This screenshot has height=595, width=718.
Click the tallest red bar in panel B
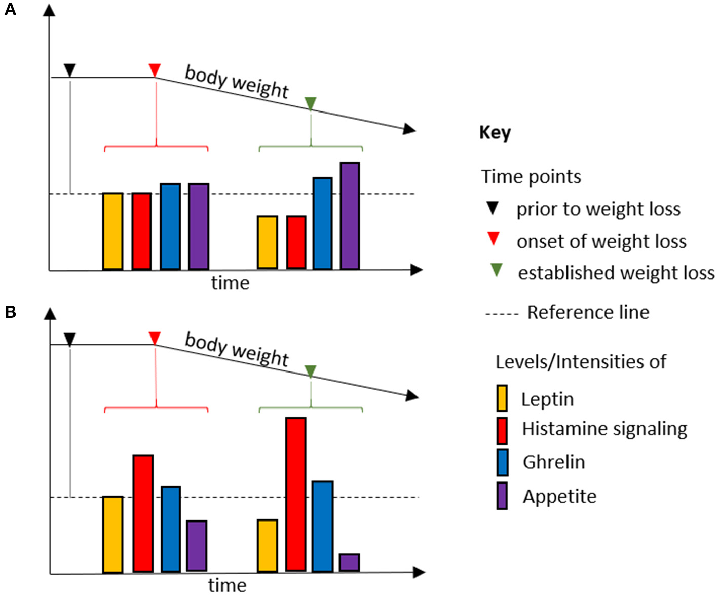coord(295,494)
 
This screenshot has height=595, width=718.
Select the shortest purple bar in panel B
coord(349,563)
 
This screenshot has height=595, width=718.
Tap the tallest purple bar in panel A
coord(350,215)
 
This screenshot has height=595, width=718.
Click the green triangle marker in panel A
coord(311,103)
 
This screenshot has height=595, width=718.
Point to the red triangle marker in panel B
coord(155,338)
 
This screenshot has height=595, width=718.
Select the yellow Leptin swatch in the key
coord(502,398)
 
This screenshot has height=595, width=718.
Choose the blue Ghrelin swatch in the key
coord(502,462)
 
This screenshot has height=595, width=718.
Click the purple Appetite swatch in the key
coord(502,496)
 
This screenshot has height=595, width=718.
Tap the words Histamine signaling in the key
coord(604,429)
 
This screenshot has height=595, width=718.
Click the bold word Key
coord(495,133)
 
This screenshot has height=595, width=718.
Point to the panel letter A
coord(10,9)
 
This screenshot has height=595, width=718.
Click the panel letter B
coord(10,312)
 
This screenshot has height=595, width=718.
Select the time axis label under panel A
coord(230,283)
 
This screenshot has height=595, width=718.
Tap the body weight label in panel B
coord(237,350)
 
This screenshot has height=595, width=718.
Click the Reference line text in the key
coord(588,312)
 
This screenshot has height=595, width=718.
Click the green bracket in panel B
coord(311,407)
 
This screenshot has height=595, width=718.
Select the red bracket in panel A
coord(156,147)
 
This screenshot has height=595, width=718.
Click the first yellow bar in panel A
coord(112,231)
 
